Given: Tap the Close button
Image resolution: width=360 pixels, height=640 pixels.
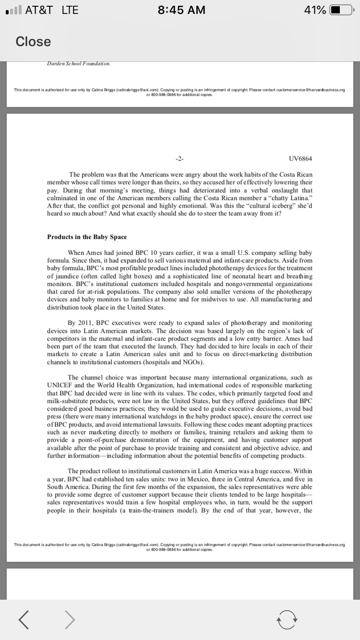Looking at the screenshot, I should [33, 42].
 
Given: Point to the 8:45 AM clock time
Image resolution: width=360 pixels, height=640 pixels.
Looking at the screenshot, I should [181, 10].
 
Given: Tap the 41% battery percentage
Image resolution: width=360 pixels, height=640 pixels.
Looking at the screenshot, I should [315, 10].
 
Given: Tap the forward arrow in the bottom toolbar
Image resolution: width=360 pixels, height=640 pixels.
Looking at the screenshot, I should [70, 620].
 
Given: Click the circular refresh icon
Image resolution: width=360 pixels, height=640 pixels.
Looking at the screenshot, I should [287, 620].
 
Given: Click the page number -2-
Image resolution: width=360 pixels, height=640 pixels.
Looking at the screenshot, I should [180, 158].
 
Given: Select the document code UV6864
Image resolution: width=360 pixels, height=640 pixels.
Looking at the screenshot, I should [300, 158].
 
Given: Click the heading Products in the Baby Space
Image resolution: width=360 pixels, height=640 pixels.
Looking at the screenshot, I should [87, 237].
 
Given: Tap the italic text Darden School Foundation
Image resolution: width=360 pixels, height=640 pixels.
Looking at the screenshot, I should [79, 63].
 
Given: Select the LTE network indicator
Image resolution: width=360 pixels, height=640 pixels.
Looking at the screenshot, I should [70, 10].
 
